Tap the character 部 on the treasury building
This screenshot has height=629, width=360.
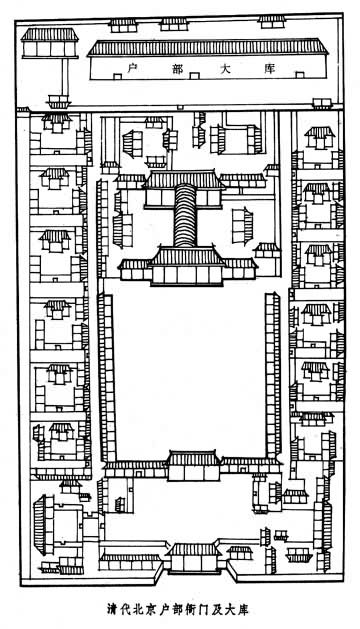coord(178,69)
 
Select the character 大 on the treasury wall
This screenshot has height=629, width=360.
coord(226,69)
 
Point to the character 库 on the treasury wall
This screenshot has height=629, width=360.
coord(271,69)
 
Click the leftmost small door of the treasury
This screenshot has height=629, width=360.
coord(118,76)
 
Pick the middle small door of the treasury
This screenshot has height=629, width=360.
coord(194,76)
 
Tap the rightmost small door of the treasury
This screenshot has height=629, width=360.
coord(299,75)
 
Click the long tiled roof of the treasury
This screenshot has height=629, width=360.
coord(208,47)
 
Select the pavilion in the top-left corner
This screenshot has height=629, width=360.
coord(50,43)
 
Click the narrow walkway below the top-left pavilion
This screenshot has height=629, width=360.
coord(65,77)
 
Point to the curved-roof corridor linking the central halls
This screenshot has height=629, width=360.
coord(185,215)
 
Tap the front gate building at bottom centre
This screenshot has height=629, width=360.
coord(194,558)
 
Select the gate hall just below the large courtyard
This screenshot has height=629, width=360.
coord(193,466)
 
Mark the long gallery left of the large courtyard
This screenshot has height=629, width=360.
coord(107,378)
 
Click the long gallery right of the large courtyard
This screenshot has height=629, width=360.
coord(273,376)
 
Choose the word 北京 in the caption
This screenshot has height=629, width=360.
coord(145,610)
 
